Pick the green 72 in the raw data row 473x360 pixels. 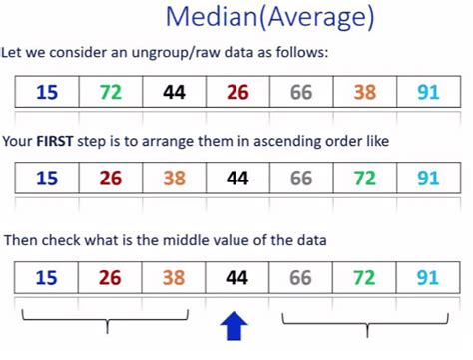111,93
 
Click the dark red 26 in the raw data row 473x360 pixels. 236,93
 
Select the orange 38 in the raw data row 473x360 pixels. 364,93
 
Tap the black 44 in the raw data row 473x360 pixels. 174,93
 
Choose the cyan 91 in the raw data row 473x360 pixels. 427,93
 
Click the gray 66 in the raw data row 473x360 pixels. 300,93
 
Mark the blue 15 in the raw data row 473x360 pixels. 47,93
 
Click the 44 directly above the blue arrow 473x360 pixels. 236,277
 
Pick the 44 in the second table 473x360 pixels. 236,180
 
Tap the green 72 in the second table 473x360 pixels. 364,180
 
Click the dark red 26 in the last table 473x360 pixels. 111,277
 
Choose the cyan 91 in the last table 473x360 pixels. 427,277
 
